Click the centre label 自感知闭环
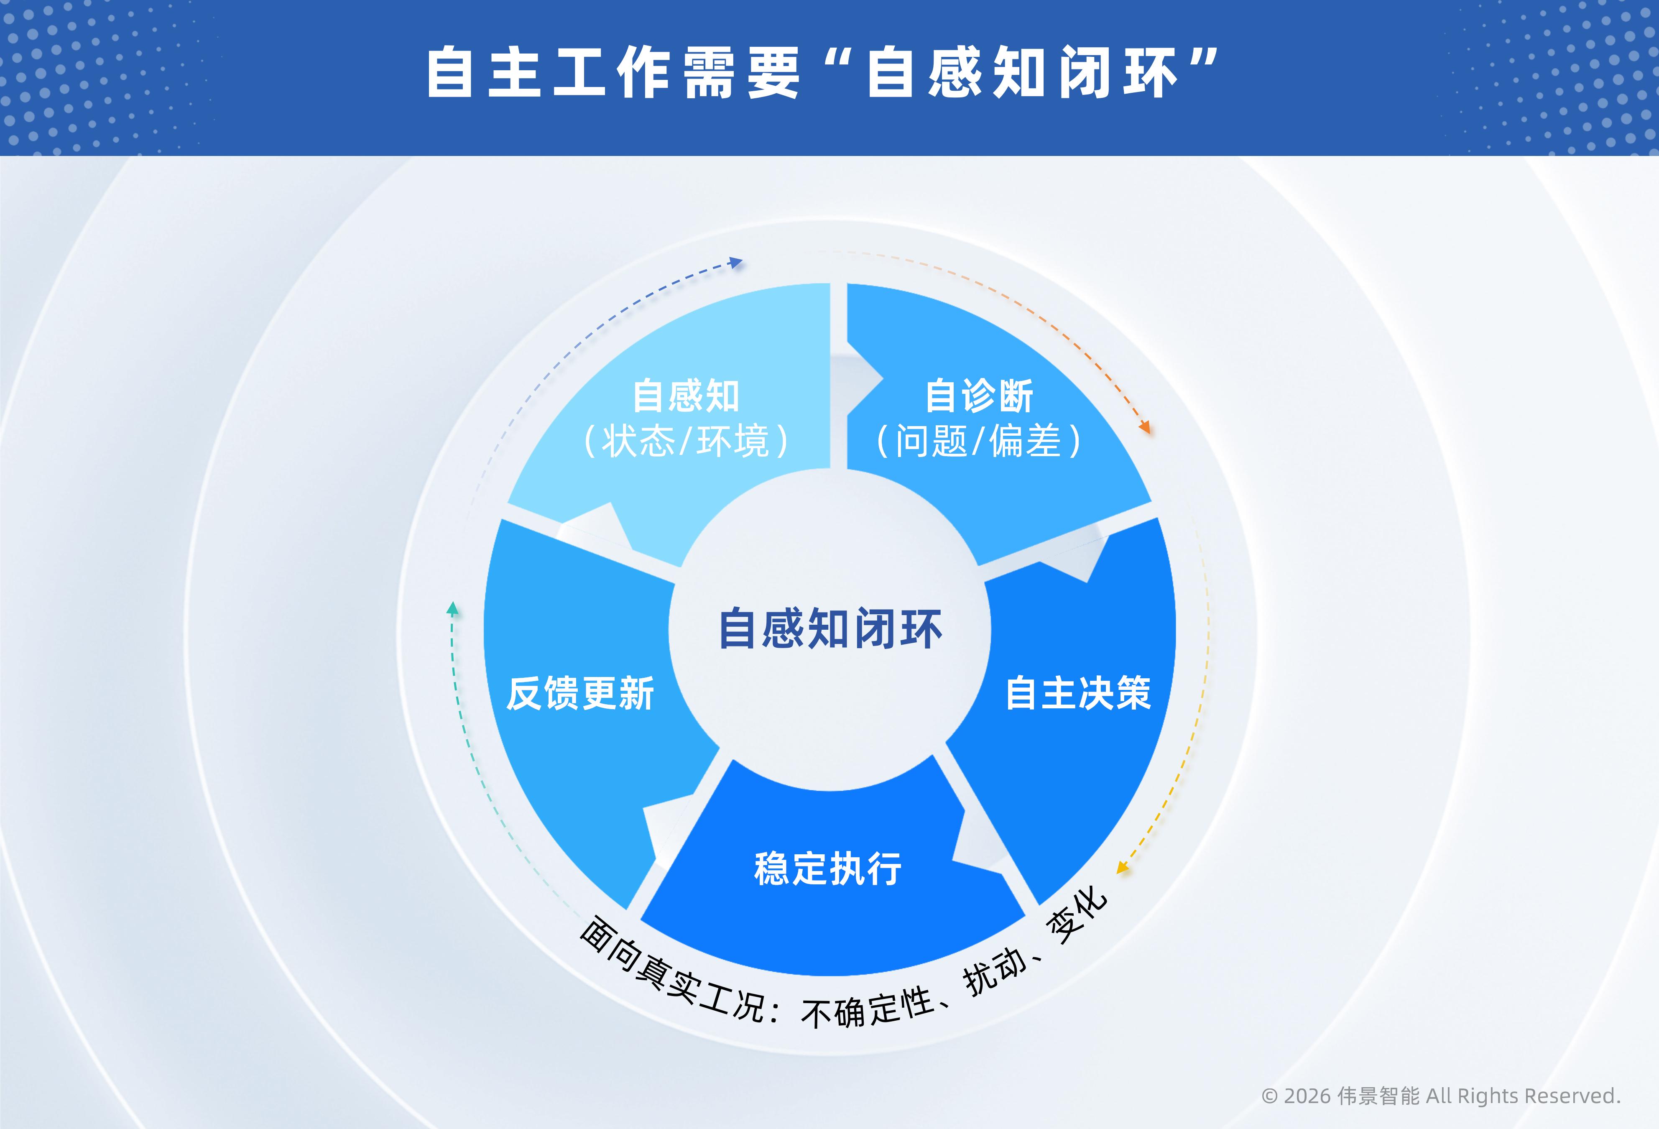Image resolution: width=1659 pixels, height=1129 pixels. pos(830,629)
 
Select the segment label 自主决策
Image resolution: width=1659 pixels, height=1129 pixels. pos(1078,693)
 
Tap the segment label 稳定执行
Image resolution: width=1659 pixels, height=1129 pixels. pos(828,869)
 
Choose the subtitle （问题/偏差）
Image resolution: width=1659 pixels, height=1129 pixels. pos(979,441)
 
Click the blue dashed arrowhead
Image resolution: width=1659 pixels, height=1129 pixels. pos(736,263)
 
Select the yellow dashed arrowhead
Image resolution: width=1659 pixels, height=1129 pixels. pos(1122,868)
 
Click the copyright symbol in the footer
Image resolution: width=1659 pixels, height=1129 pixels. pos(1269,1096)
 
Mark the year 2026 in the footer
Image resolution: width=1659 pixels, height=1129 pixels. pos(1307,1096)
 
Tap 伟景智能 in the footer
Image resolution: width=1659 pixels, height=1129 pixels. pos(1378,1096)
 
